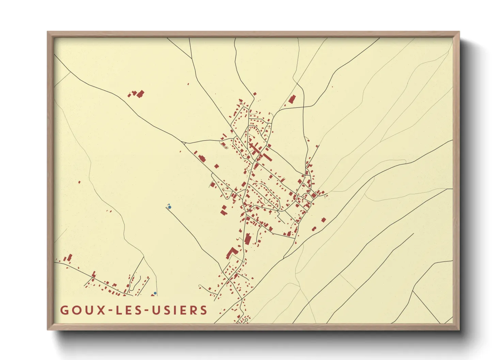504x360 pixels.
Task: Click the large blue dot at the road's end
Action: (170, 207)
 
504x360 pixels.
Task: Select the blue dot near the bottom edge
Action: (155, 293)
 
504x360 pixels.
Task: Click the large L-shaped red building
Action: (232, 253)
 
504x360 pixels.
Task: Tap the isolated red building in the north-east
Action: (292, 99)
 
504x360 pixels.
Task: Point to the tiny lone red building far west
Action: (79, 182)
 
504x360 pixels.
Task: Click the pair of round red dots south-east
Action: (314, 229)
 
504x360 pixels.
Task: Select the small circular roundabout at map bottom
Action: (246, 320)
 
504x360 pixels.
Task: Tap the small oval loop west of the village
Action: (225, 148)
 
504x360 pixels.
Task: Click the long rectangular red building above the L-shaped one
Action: (248, 239)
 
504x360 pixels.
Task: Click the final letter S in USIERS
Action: (204, 310)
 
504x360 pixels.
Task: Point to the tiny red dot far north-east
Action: (332, 87)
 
